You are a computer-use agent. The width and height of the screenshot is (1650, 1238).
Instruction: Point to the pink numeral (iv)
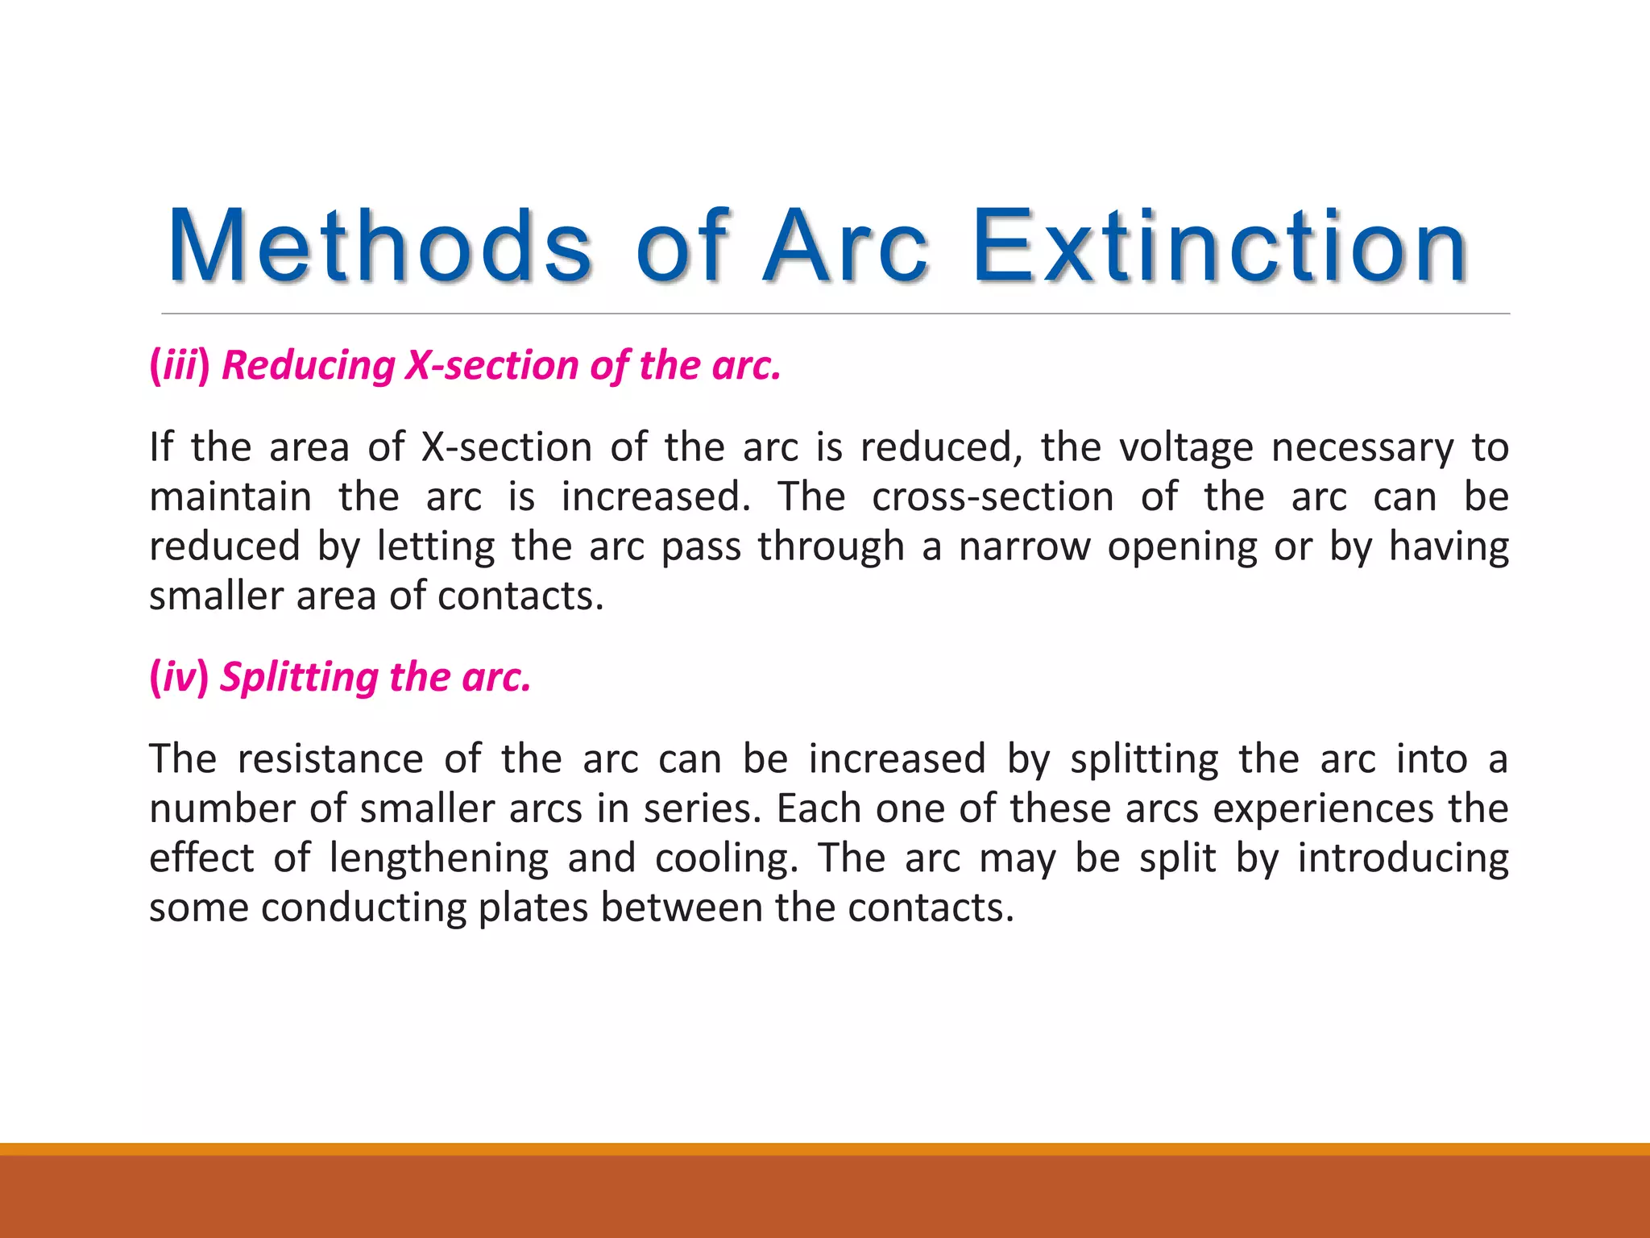pyautogui.click(x=179, y=676)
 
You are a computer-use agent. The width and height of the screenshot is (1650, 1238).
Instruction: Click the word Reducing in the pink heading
pyautogui.click(x=308, y=365)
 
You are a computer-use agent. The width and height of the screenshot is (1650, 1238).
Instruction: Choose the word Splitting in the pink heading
pyautogui.click(x=298, y=677)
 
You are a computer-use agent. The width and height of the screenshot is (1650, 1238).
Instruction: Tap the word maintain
pyautogui.click(x=230, y=497)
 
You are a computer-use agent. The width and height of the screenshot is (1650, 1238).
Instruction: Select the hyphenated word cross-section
pyautogui.click(x=993, y=497)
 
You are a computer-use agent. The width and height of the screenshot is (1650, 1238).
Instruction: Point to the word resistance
pyautogui.click(x=330, y=759)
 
